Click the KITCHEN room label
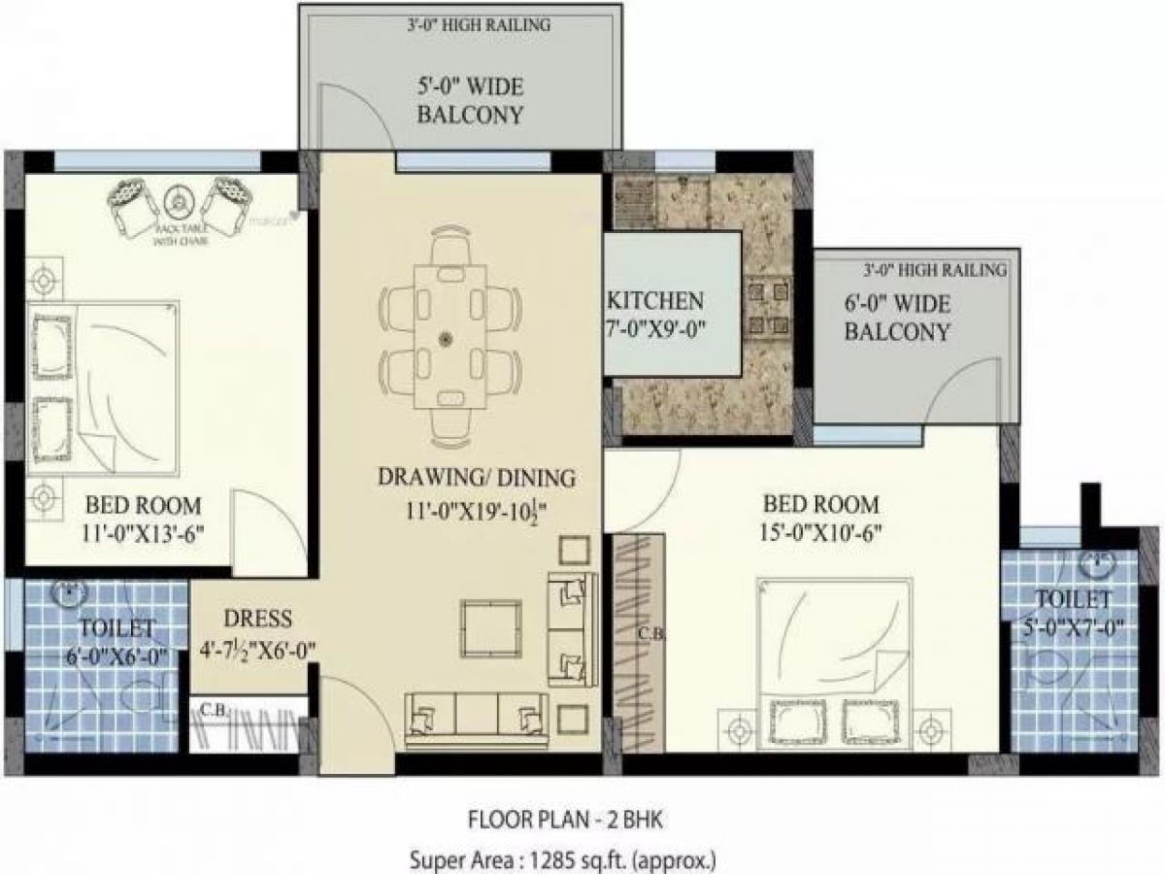coord(655,299)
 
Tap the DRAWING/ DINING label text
coord(477,477)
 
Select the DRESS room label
coord(257,619)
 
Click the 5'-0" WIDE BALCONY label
coord(470,101)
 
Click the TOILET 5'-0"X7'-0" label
coord(1072,612)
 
